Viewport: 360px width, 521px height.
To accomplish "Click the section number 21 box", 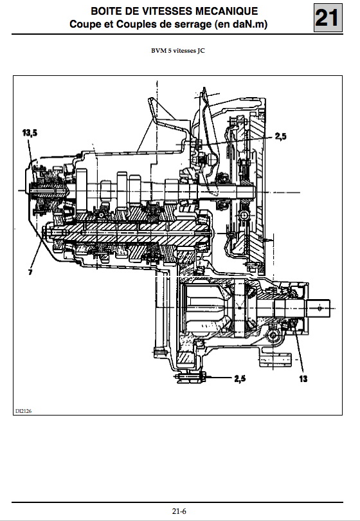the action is [x=328, y=18].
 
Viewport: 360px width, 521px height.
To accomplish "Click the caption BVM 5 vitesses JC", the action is [x=177, y=51].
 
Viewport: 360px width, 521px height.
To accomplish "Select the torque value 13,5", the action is [x=30, y=133].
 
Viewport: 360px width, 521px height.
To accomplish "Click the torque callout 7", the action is [x=30, y=273].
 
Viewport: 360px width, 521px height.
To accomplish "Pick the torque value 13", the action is [x=303, y=378].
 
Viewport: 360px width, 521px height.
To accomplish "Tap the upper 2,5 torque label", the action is [x=281, y=136].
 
